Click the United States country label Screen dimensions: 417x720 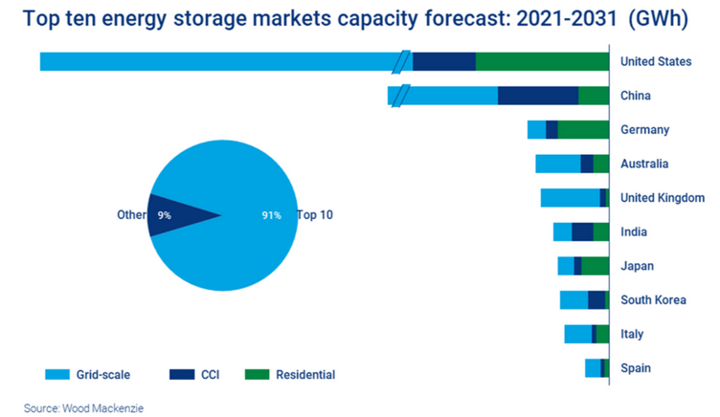pyautogui.click(x=655, y=61)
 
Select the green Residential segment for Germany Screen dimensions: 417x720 pyautogui.click(x=583, y=130)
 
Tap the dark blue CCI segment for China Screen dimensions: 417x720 pyautogui.click(x=538, y=96)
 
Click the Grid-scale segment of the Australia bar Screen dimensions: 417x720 pyautogui.click(x=557, y=164)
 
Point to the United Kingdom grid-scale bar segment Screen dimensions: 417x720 pyautogui.click(x=570, y=198)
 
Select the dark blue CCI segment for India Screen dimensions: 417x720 pyautogui.click(x=582, y=231)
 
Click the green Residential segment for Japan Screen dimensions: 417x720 pyautogui.click(x=595, y=266)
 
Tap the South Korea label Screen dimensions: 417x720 pyautogui.click(x=653, y=300)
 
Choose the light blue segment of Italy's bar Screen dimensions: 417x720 pyautogui.click(x=577, y=334)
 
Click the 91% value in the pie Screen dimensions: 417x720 pyautogui.click(x=271, y=216)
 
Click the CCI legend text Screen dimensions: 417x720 pyautogui.click(x=211, y=375)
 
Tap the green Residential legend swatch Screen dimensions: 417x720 pyautogui.click(x=257, y=375)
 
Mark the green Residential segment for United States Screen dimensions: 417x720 pyautogui.click(x=542, y=61)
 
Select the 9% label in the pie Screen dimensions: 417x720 pyautogui.click(x=165, y=216)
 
